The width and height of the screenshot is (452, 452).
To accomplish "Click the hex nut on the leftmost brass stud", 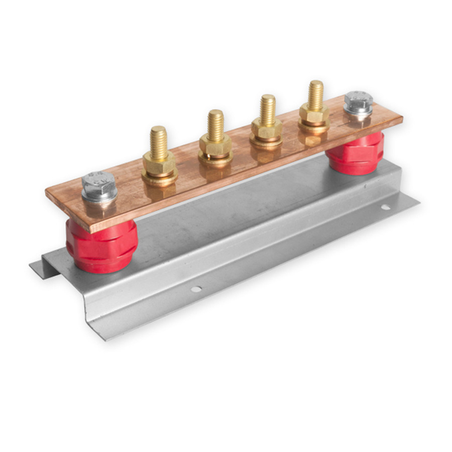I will (159, 162).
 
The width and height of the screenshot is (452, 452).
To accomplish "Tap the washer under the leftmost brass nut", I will (159, 176).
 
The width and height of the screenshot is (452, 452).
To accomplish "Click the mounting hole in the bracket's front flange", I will (196, 289).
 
